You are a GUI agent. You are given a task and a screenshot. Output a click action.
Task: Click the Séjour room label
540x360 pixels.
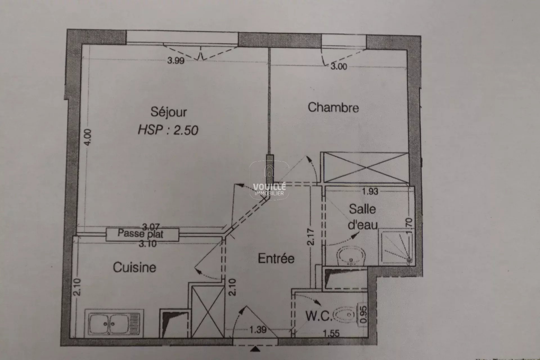click(x=168, y=112)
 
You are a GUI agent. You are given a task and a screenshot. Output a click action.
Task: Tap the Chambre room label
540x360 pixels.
click(x=333, y=107)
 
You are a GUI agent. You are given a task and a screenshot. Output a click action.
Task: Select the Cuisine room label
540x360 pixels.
click(x=134, y=267)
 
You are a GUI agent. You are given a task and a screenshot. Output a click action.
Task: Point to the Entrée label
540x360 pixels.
click(x=276, y=258)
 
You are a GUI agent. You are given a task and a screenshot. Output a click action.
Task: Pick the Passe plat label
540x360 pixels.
click(x=140, y=234)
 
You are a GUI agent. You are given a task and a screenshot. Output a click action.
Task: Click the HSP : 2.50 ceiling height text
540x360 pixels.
click(x=168, y=130)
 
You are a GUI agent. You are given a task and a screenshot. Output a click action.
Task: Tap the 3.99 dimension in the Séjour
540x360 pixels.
click(x=176, y=60)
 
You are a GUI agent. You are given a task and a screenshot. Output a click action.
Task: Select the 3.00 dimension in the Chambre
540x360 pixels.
click(x=339, y=66)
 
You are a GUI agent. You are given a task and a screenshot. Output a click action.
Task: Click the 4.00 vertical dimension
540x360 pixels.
click(x=88, y=137)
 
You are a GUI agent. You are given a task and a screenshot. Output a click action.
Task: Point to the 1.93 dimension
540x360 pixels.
click(x=370, y=192)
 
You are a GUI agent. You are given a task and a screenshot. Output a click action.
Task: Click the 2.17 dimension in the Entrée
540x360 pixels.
click(x=311, y=237)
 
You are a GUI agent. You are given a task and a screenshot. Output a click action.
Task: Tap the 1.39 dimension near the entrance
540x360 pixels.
click(x=258, y=329)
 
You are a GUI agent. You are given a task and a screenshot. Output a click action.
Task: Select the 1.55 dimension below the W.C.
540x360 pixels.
click(x=331, y=334)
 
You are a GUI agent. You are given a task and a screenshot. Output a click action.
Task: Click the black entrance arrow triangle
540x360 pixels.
click(x=255, y=349)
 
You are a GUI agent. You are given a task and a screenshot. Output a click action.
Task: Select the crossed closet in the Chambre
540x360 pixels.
click(x=366, y=168)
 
